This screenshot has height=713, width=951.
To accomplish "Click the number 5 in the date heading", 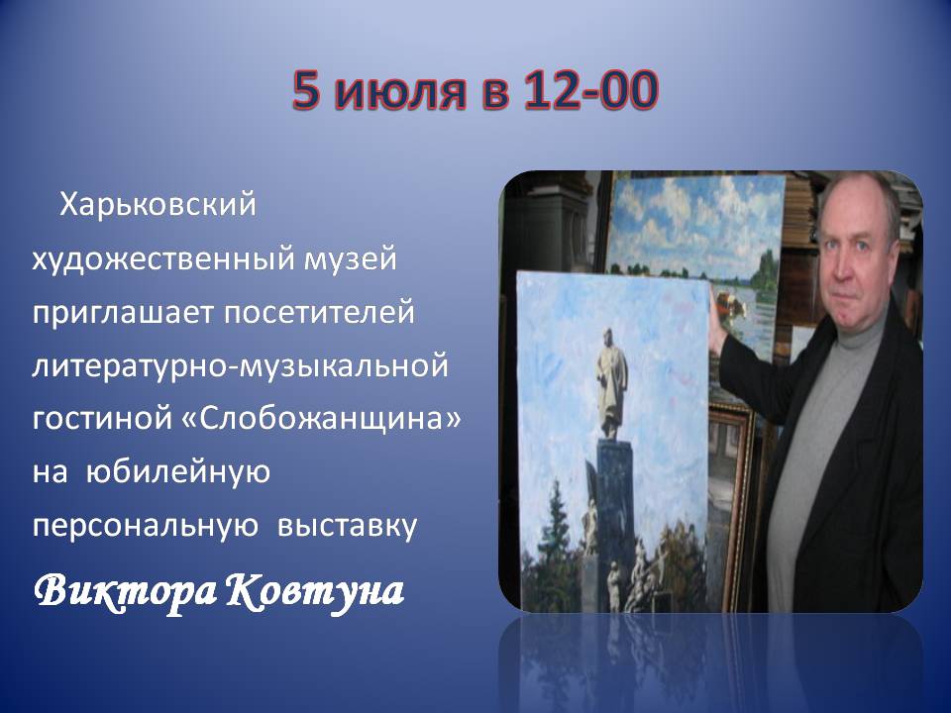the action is (x=306, y=90).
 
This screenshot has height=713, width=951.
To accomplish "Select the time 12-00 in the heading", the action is (x=589, y=90).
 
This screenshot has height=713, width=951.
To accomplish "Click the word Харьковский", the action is (x=158, y=204).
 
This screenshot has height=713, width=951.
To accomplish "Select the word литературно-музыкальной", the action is (x=240, y=366).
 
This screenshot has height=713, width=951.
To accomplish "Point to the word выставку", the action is (x=348, y=526).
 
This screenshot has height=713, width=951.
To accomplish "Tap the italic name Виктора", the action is (x=126, y=590).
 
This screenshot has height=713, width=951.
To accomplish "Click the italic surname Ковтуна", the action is (x=315, y=590).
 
